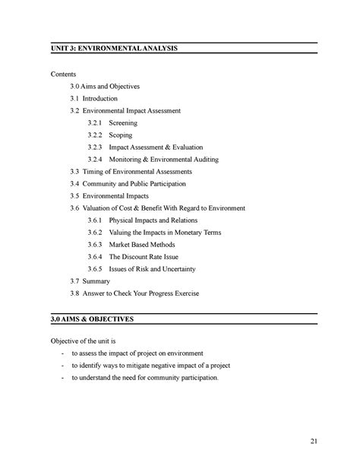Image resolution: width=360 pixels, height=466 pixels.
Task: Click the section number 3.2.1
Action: pyautogui.click(x=94, y=122)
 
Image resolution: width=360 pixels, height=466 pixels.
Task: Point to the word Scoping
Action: pyautogui.click(x=122, y=135)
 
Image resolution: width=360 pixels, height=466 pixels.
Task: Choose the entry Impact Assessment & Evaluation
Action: pyautogui.click(x=156, y=147)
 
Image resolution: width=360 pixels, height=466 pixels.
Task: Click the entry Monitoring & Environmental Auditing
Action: pyautogui.click(x=164, y=159)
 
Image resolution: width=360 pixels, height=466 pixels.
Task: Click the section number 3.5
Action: pyautogui.click(x=74, y=195)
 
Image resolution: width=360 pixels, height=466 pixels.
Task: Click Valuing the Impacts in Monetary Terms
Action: pyautogui.click(x=167, y=232)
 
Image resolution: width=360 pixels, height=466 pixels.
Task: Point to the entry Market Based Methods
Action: pyautogui.click(x=142, y=244)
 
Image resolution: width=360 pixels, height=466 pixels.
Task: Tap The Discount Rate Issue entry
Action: pyautogui.click(x=146, y=256)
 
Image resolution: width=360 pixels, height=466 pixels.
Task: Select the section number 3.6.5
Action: pyautogui.click(x=94, y=268)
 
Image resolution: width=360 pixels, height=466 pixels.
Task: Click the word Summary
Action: pyautogui.click(x=97, y=281)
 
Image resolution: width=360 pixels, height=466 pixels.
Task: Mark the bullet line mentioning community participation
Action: pyautogui.click(x=144, y=377)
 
